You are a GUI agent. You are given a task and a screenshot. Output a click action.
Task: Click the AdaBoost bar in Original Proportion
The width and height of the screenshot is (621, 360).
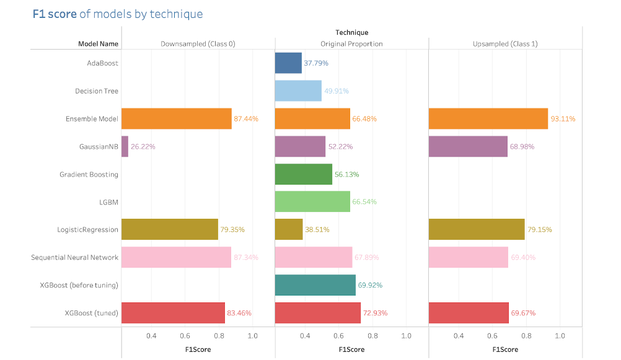click(x=288, y=63)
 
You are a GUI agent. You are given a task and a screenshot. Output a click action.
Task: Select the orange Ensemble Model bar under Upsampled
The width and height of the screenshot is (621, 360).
click(x=488, y=118)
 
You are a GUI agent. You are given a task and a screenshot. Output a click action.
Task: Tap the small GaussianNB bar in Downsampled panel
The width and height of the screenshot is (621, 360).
click(x=125, y=147)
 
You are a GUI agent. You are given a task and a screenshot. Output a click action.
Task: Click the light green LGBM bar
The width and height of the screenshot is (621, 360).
click(x=312, y=202)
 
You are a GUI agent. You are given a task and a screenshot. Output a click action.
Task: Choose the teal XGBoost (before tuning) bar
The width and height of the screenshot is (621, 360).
click(x=315, y=285)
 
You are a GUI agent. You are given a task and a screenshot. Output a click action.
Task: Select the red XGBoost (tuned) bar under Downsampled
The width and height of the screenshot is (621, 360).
click(x=173, y=313)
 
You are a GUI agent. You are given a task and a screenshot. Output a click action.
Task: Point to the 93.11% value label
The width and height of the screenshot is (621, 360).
click(x=564, y=119)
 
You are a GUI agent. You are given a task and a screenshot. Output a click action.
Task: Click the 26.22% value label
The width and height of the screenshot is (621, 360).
click(x=143, y=147)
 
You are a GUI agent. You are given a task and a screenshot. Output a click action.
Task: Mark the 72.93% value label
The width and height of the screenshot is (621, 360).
click(x=375, y=313)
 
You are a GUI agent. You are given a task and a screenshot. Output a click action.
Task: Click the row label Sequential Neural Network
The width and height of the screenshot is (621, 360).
click(x=74, y=257)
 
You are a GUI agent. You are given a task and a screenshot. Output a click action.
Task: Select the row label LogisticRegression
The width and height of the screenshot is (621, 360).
click(x=87, y=230)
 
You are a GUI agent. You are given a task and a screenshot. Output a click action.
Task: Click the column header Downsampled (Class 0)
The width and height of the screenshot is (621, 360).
click(x=198, y=44)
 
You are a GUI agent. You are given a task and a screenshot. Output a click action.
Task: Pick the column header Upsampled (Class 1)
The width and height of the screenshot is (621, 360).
click(x=505, y=44)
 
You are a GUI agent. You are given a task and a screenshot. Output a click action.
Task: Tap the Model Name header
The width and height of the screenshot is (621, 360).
click(x=98, y=44)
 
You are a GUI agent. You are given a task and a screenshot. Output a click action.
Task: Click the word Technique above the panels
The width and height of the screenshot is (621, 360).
click(x=351, y=33)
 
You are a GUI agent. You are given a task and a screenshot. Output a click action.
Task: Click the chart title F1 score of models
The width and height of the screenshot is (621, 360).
click(x=117, y=14)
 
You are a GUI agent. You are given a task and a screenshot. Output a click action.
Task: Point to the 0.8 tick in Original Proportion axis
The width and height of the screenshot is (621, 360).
click(x=372, y=336)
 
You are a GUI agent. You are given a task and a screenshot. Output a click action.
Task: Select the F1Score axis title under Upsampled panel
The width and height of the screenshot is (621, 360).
click(x=505, y=349)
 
